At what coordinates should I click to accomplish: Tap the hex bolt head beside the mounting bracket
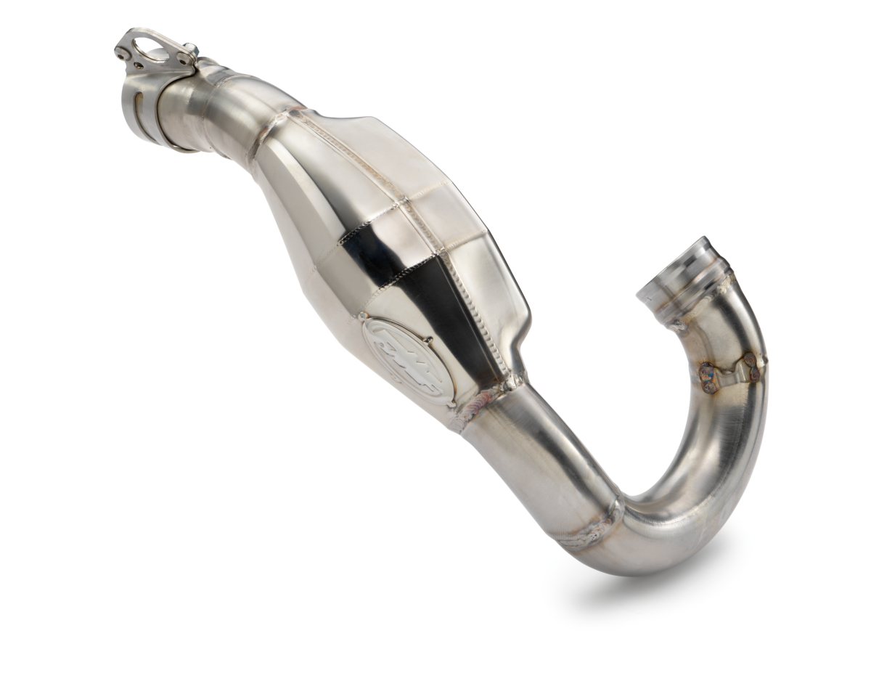pyautogui.click(x=190, y=50)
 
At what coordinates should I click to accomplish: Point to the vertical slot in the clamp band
pyautogui.click(x=135, y=102)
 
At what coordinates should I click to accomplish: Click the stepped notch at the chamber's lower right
pyautogui.click(x=519, y=363)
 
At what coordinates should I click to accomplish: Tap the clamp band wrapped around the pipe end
pyautogui.click(x=149, y=109)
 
